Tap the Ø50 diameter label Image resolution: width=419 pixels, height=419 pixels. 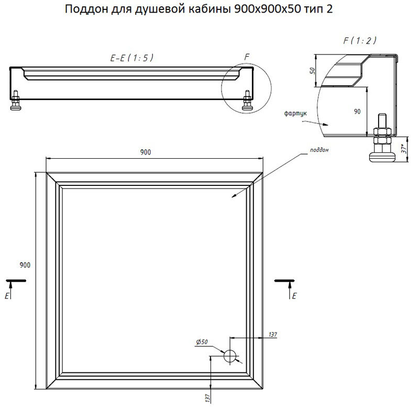[202, 342]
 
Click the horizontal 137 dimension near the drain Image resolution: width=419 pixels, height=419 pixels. [273, 334]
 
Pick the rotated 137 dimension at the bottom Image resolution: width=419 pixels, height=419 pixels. [208, 398]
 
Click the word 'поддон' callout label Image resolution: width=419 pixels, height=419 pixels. [319, 150]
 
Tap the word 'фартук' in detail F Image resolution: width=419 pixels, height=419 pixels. [295, 114]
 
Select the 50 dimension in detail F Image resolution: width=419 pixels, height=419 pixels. [312, 71]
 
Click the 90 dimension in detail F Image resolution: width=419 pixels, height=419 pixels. [357, 112]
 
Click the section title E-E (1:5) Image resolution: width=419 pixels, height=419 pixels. [132, 58]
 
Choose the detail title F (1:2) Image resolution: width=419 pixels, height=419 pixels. [360, 41]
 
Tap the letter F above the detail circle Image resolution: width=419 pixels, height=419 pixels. [247, 57]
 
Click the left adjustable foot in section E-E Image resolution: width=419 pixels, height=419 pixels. [15, 100]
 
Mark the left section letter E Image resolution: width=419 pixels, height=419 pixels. [7, 296]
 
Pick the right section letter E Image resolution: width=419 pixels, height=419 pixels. [294, 296]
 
